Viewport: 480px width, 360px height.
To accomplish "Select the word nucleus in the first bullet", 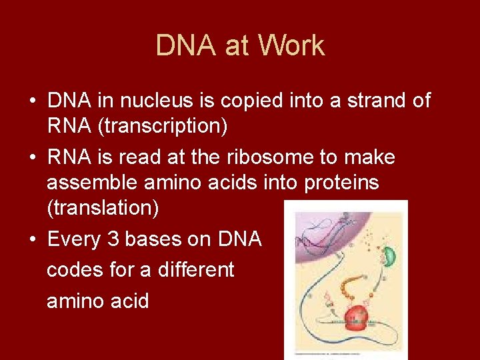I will click(x=148, y=101).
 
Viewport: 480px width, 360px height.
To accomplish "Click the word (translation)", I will click(x=103, y=209).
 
